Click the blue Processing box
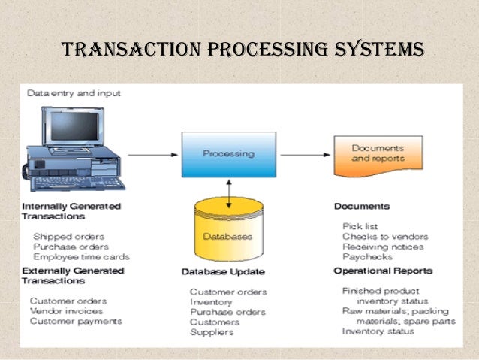(228, 154)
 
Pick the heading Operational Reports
(383, 271)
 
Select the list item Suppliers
(211, 331)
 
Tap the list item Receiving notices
(382, 246)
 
